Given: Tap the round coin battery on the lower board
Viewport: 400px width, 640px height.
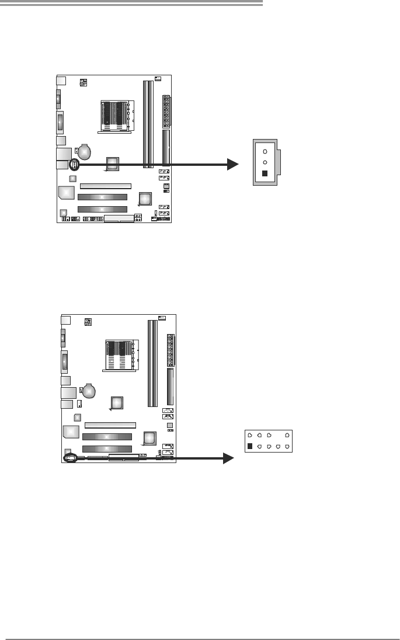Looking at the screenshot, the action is (x=89, y=391).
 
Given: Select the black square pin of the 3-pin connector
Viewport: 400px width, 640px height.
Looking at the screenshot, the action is (x=265, y=173).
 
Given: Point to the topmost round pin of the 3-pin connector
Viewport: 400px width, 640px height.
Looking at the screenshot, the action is (x=265, y=151).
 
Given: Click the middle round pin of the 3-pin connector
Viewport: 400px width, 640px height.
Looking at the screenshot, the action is (x=265, y=162).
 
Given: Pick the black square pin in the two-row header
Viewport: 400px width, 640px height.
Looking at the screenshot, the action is (x=250, y=446).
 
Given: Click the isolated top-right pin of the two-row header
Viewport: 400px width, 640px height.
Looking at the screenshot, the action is (x=287, y=435).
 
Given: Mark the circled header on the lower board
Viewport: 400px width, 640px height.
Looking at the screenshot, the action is (x=71, y=459).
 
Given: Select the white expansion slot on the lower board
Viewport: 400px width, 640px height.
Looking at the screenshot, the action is (x=110, y=425).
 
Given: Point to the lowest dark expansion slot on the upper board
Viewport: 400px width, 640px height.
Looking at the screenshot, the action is (x=102, y=209).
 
